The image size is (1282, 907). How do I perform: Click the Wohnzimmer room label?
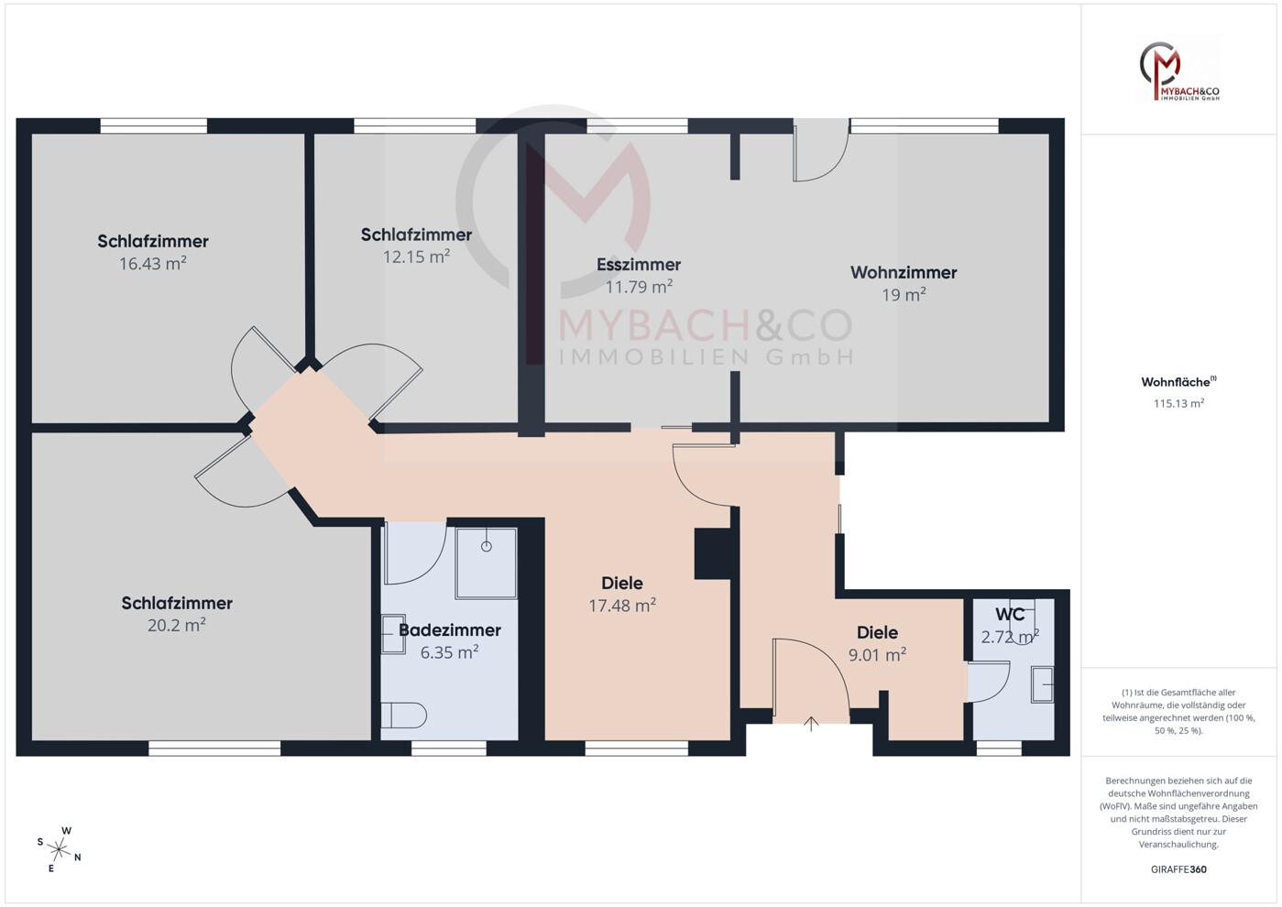point(903,272)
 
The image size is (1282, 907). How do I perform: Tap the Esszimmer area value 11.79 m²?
point(639,287)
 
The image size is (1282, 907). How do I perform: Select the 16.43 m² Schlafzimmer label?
point(153,242)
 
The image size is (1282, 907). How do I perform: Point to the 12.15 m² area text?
point(416,257)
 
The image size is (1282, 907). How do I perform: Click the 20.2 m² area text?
point(176,626)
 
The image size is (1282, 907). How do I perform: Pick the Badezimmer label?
point(449,630)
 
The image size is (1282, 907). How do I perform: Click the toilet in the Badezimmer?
point(404,715)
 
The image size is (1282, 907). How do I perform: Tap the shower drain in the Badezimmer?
point(487,547)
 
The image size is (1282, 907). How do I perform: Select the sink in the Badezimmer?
point(393,634)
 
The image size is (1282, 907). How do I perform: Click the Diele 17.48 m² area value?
point(621,606)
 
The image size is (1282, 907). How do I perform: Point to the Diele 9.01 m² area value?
point(877,655)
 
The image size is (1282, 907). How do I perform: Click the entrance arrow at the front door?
point(811,725)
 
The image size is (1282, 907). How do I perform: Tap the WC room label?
point(1010,615)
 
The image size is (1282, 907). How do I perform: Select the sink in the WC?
point(1042,684)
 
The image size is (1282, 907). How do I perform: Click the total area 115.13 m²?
point(1178,403)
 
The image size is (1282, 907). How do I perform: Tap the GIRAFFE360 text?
point(1178,869)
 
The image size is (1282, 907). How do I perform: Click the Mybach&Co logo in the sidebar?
point(1178,70)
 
